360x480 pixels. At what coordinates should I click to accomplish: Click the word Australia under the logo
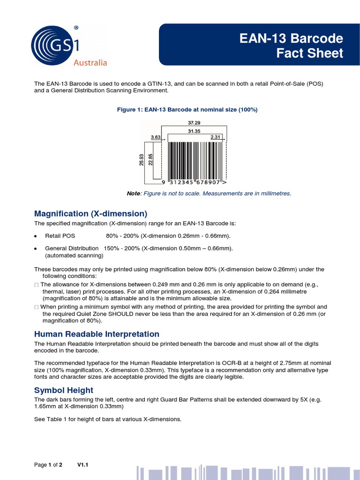90,63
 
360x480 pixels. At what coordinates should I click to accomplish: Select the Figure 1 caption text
187,109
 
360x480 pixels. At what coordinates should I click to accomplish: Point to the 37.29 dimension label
194,123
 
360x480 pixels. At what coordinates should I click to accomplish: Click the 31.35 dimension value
194,131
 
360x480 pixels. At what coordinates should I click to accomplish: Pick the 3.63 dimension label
156,137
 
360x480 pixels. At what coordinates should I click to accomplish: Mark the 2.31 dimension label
216,137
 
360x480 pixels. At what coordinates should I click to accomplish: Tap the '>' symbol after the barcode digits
225,182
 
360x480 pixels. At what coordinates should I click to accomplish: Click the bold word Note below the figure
133,194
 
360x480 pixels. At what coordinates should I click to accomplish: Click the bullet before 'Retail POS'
36,236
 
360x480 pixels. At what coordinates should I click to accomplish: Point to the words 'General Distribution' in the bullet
72,248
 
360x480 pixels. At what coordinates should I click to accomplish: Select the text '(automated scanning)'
74,255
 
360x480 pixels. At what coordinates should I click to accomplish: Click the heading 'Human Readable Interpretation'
97,334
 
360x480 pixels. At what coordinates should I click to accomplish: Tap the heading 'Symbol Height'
64,390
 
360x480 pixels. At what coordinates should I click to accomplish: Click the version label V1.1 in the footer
83,465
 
